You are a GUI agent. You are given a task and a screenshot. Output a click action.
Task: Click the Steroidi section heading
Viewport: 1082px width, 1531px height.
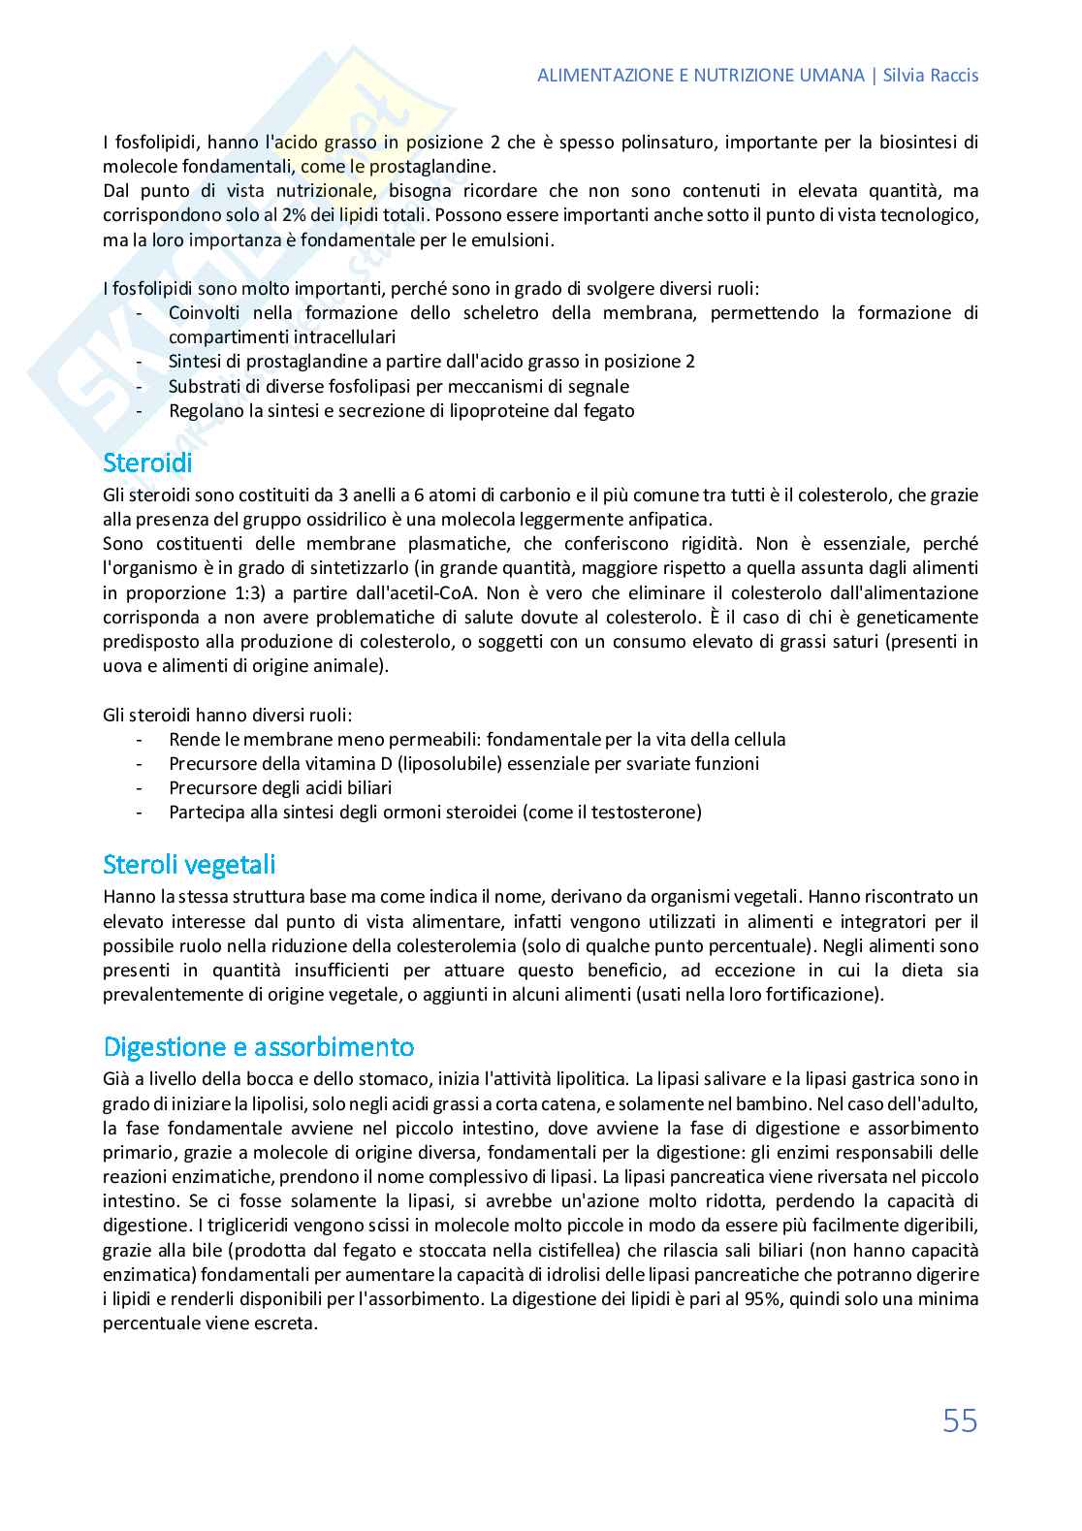point(147,462)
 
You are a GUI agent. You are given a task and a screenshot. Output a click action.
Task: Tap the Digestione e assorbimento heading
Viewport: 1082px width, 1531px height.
point(258,1047)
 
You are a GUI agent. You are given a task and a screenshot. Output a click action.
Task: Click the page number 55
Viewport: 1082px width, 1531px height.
point(960,1420)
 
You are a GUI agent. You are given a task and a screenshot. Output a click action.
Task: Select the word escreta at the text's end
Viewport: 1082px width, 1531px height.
point(290,1323)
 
